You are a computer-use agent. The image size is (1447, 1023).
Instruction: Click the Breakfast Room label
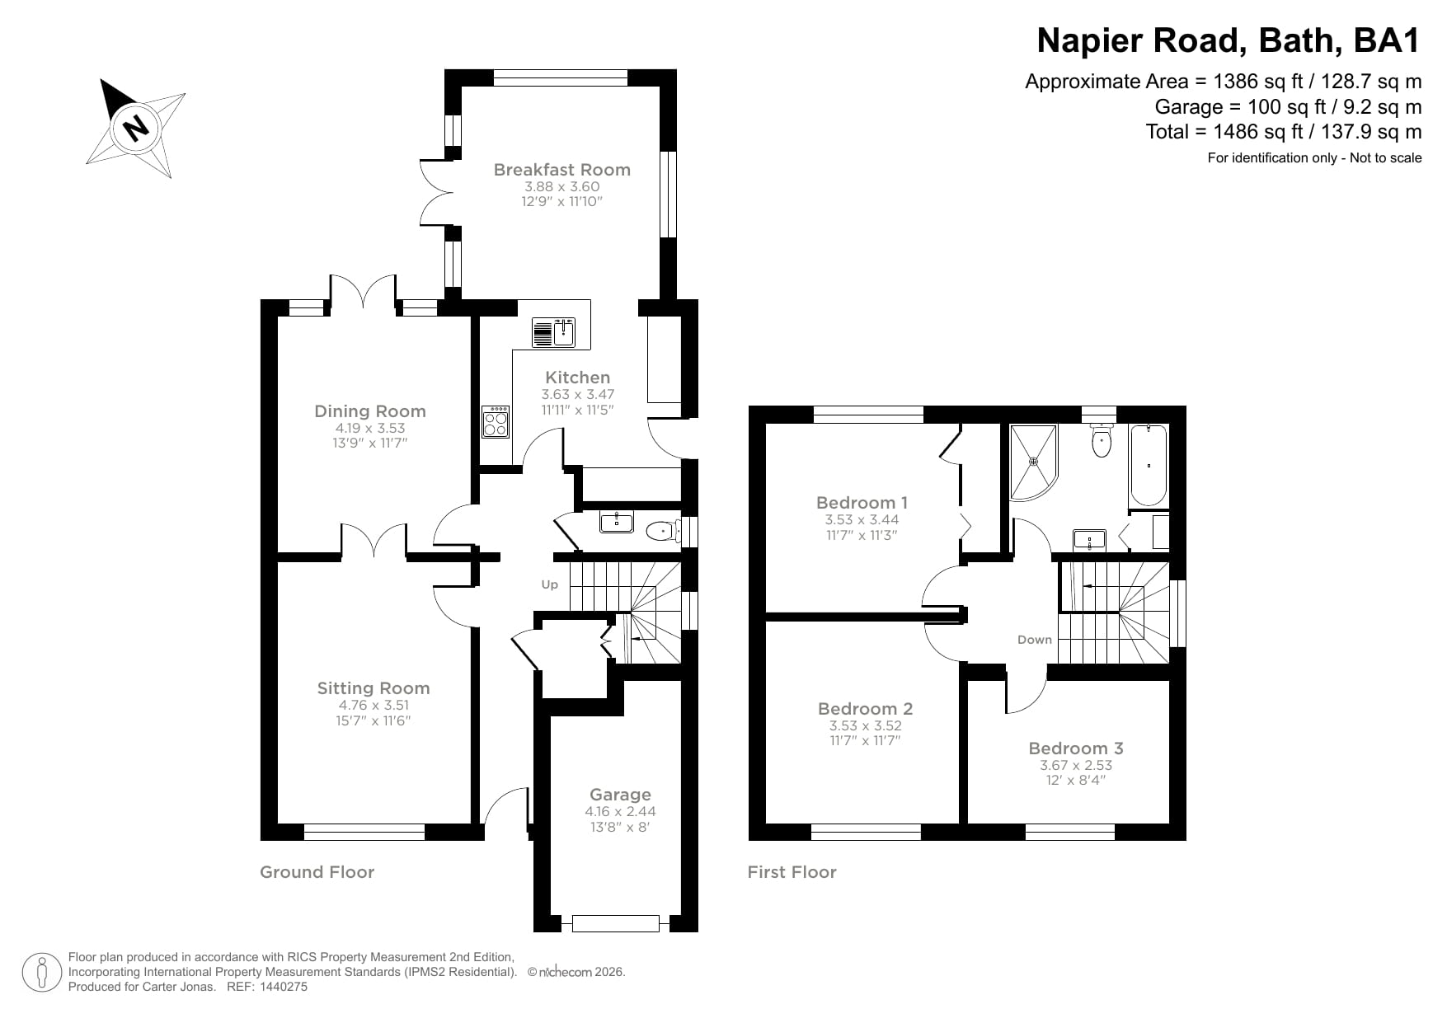561,170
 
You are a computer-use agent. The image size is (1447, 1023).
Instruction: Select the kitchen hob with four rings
496,422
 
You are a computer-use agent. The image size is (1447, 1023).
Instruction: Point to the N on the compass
135,128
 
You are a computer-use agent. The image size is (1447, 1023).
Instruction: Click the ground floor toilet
661,530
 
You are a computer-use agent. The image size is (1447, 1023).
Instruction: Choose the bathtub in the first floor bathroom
1149,466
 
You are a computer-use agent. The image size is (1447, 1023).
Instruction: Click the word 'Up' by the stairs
550,584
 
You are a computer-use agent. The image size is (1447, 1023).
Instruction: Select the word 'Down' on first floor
1034,640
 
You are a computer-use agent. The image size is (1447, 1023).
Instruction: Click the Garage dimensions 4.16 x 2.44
620,811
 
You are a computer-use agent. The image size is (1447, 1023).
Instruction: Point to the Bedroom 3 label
1075,748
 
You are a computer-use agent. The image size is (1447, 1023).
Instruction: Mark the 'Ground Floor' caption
317,872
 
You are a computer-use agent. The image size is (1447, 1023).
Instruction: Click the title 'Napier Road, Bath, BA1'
1228,40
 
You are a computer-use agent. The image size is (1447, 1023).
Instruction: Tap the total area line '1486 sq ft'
1283,132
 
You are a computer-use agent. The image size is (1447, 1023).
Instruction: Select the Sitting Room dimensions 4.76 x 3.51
373,705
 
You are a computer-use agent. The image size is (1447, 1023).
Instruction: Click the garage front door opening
616,923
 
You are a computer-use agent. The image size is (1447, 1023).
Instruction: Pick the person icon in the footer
41,973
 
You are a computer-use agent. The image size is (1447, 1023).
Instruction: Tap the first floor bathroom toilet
1102,443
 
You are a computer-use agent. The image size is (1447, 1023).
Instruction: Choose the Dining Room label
370,411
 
